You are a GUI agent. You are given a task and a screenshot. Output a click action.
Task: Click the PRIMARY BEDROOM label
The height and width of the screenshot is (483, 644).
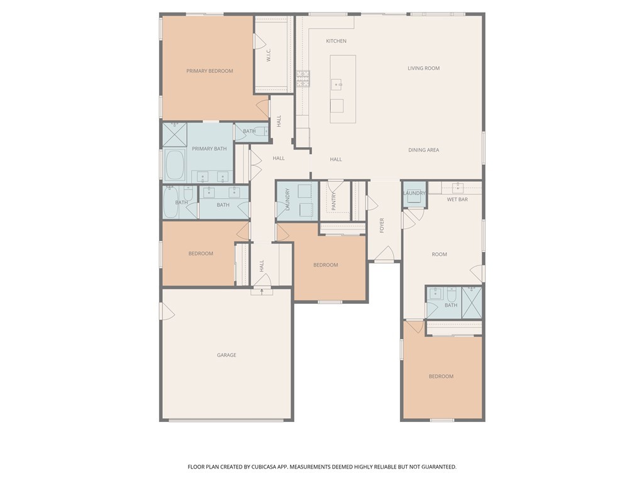coord(209,71)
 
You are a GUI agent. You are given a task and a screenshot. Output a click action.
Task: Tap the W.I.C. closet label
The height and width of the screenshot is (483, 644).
coord(269,55)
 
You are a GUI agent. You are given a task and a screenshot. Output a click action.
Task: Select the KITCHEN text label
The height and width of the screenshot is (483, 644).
coord(336,42)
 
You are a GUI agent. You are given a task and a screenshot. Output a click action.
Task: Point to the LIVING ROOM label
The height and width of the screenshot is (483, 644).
coord(423,68)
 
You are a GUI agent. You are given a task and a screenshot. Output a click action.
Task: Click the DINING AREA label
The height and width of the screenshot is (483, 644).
coord(423,150)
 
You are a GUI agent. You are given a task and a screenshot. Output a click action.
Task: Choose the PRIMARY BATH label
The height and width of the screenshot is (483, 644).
coord(209,149)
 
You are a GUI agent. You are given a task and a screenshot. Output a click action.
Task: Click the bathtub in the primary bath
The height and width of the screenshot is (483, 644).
coord(175,165)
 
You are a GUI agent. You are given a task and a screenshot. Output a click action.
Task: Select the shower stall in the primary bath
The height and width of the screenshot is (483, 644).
coord(175,134)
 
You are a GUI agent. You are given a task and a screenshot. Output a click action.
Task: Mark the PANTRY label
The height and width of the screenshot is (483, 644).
coord(334,201)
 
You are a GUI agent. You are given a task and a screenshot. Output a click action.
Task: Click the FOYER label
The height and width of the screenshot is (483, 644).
coord(382,226)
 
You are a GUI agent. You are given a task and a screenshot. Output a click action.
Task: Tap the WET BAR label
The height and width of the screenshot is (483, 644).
coord(457,200)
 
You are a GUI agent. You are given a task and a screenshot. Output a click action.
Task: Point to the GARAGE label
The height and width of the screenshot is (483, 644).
coord(226,355)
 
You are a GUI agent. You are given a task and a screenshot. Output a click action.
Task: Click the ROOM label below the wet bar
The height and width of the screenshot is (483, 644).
coord(439,255)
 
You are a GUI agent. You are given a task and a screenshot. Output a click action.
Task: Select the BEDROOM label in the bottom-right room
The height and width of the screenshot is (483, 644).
coord(441,377)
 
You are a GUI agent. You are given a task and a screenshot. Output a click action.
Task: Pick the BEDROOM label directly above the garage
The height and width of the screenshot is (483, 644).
coord(201,254)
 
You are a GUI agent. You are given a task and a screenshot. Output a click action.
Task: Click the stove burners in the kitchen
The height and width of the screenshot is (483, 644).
coord(303,78)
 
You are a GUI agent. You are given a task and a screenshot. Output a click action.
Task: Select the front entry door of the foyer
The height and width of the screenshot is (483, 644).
coord(384,255)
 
